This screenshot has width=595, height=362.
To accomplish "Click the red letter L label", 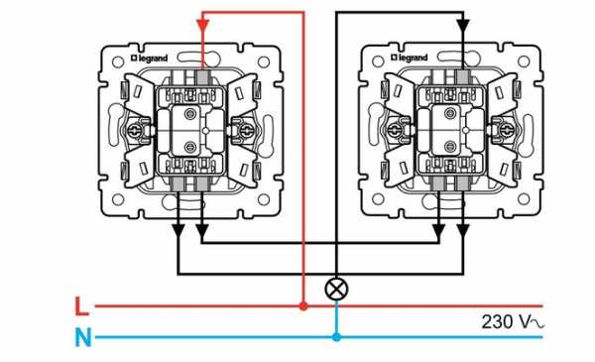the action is point(81,306).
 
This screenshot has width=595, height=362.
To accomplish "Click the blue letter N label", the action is point(83,337).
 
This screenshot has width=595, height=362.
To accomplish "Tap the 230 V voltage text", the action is point(513,322).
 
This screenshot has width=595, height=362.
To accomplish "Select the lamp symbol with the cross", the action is point(336,290).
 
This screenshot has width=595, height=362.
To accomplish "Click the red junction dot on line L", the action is point(303,305).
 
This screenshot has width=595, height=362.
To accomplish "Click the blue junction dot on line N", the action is point(336,337).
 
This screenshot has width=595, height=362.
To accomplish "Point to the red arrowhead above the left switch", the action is point(202,26).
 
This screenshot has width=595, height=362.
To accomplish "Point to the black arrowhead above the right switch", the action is point(463,26).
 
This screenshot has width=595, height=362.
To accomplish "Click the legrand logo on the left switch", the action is point(149,59).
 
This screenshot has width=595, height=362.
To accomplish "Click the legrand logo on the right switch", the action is point(409,58).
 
